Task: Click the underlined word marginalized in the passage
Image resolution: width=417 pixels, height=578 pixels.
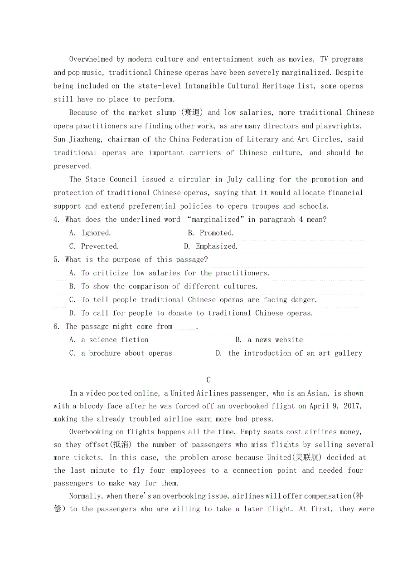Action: point(305,73)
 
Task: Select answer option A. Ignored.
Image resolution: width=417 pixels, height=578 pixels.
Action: point(90,233)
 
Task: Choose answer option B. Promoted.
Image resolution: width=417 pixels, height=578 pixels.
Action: point(211,233)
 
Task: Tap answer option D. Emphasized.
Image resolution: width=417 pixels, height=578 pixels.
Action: point(211,246)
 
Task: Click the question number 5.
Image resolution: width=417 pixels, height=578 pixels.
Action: point(56,260)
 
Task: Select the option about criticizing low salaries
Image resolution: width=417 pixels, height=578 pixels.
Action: point(169,273)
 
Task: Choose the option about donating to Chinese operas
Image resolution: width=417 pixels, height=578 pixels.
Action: point(191,313)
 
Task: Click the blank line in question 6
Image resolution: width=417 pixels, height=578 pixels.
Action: point(186,327)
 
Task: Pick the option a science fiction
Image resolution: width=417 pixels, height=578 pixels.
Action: point(109,340)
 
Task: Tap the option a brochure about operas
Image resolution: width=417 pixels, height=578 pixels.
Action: point(121,353)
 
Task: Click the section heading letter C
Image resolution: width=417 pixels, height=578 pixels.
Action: point(208,380)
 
